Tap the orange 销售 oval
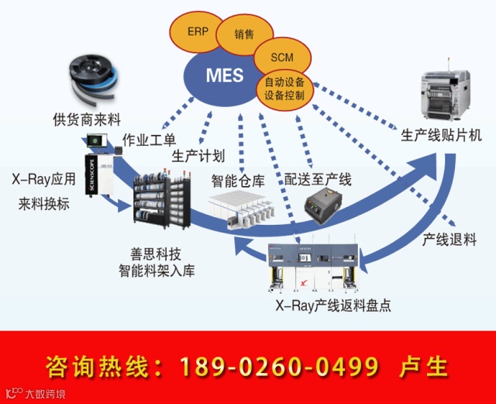point(243,33)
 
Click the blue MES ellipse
point(225,76)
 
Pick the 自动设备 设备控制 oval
point(284,88)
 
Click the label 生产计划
point(198,155)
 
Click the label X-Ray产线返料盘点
point(333,305)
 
